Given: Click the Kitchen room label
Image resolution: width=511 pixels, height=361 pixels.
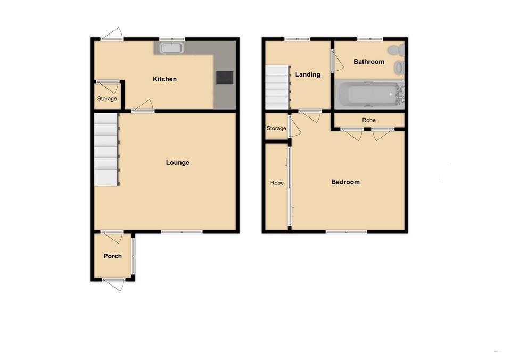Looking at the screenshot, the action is click(164, 79).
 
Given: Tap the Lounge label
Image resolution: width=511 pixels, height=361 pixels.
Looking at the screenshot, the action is click(178, 163).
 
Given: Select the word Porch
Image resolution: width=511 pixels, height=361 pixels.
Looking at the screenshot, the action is click(112, 256).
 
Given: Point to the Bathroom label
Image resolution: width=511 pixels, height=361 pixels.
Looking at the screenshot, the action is click(369, 62).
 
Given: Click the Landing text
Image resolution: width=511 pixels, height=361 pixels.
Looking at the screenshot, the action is click(308, 74).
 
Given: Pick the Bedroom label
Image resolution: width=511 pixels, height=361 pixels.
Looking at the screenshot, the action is click(345, 182).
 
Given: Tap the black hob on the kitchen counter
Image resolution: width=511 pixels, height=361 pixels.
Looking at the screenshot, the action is click(225, 78).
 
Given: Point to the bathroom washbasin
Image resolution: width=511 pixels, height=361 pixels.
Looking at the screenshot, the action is click(399, 68).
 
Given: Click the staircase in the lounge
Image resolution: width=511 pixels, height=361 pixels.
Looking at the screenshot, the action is click(106, 149).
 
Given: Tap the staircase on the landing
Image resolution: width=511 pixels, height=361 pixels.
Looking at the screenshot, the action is click(278, 87).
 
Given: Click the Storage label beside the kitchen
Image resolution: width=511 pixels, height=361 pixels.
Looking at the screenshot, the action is click(107, 99).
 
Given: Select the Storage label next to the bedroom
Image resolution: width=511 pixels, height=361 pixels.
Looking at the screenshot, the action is click(276, 128).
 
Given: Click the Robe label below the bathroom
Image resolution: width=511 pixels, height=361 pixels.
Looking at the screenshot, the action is click(369, 120).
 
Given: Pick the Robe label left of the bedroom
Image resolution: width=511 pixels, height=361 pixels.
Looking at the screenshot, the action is click(277, 183).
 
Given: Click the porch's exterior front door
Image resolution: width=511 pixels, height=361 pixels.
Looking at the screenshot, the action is click(113, 284).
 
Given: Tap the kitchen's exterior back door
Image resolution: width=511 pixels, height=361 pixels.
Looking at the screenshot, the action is click(112, 34).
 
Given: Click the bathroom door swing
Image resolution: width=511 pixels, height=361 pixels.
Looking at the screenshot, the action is click(337, 61).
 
